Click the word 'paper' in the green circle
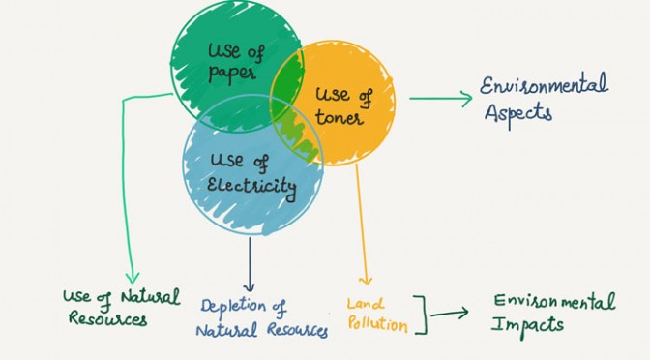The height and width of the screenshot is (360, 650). tap(232, 74)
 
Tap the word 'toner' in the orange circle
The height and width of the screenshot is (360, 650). tap(340, 117)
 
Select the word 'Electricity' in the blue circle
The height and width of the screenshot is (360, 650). tap(251, 187)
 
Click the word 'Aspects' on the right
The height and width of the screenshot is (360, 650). tap(518, 114)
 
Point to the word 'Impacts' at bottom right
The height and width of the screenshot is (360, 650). tap(527, 326)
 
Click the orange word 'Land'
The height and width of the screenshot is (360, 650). tap(366, 305)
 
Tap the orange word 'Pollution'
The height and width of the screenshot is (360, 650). tap(377, 323)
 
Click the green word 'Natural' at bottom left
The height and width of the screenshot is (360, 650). tap(151, 297)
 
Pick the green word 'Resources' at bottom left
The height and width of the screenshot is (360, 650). tap(107, 319)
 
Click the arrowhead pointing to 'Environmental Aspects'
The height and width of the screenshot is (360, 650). tap(466, 99)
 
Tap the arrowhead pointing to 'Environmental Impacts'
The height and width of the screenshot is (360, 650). tap(462, 313)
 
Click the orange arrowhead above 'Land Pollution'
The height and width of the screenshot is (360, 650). tap(366, 281)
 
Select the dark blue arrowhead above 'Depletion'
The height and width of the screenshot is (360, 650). tap(249, 286)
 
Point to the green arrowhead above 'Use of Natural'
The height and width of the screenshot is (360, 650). tap(133, 278)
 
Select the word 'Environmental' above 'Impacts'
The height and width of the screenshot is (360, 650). tap(554, 302)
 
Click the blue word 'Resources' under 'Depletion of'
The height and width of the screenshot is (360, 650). tap(297, 330)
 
